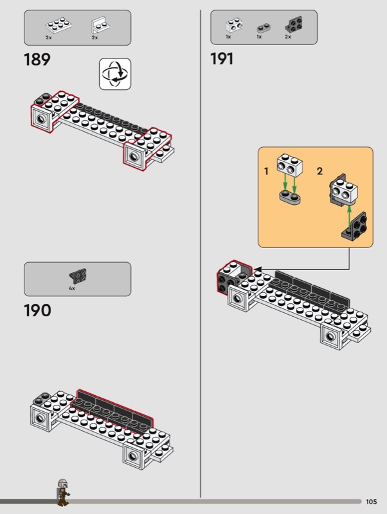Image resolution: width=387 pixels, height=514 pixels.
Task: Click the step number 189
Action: click(37, 60)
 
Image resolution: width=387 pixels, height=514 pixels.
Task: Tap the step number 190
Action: click(37, 310)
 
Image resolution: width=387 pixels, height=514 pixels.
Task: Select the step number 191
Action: click(222, 59)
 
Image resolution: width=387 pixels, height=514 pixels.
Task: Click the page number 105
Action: click(372, 502)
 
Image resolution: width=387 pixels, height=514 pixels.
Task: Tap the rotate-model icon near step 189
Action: click(115, 74)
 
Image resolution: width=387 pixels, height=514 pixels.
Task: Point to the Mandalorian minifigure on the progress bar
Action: click(63, 492)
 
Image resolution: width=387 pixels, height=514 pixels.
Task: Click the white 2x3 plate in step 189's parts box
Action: click(59, 25)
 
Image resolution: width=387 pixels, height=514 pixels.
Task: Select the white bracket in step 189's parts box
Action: click(100, 25)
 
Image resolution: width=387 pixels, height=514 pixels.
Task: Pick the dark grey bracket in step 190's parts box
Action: click(78, 276)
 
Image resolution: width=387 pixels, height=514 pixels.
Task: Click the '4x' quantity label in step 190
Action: click(72, 288)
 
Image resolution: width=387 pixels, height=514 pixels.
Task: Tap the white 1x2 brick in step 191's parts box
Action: click(234, 25)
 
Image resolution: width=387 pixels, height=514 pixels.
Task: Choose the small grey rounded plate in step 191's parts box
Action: click(264, 28)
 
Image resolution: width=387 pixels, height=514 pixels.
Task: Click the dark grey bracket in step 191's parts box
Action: click(294, 24)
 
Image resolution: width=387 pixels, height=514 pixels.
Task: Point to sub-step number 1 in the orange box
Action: click(266, 171)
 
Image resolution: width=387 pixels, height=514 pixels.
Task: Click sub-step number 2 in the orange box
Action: click(319, 171)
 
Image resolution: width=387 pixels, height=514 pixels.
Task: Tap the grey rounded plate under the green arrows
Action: click(291, 197)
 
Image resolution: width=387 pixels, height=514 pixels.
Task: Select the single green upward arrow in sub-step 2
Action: click(349, 217)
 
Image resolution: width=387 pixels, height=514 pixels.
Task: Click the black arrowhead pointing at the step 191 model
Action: click(258, 269)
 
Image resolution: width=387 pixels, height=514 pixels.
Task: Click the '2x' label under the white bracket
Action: click(94, 38)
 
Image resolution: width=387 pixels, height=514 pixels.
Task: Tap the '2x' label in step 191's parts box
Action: click(287, 37)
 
